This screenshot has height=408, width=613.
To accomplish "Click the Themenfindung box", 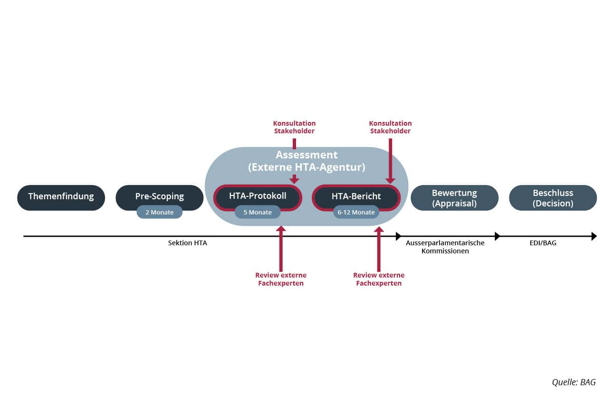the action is click(x=61, y=197).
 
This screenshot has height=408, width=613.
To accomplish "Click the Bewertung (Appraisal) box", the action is click(x=455, y=197).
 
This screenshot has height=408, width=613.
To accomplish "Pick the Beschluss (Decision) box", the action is click(x=553, y=197).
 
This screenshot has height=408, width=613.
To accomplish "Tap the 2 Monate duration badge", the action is click(x=160, y=212).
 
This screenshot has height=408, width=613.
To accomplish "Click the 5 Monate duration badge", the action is click(x=258, y=212).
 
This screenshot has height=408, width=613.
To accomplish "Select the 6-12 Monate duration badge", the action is click(x=356, y=212).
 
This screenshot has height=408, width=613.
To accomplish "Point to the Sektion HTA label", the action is click(x=187, y=243).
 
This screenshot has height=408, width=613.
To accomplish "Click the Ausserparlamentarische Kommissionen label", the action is click(x=445, y=247).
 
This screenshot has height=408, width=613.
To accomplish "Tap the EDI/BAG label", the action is click(x=543, y=243).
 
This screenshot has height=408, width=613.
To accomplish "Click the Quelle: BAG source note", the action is click(x=574, y=382).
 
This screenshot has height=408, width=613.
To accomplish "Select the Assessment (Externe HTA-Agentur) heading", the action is click(x=306, y=161).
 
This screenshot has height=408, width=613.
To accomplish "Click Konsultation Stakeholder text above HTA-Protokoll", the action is click(x=294, y=127).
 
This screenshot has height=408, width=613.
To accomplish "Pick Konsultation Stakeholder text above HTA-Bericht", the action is click(x=390, y=127).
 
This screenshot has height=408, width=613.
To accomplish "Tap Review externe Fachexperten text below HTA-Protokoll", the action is click(x=281, y=279).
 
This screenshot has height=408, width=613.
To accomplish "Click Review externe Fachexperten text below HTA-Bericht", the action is click(x=379, y=279).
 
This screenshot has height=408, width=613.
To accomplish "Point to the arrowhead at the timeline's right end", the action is click(x=594, y=236).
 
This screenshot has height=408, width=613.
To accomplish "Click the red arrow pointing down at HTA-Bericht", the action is click(x=390, y=161).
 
